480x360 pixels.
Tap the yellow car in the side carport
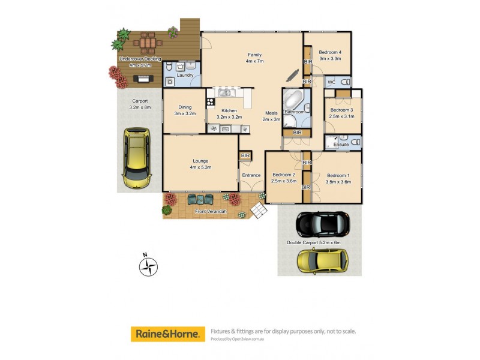pyautogui.click(x=136, y=157)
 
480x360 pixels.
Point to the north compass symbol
pyautogui.click(x=148, y=265)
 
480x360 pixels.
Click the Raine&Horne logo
pyautogui.click(x=166, y=334)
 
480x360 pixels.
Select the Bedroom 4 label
pyautogui.click(x=330, y=52)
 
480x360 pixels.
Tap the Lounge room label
pyautogui.click(x=200, y=161)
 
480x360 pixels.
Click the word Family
pyautogui.click(x=254, y=55)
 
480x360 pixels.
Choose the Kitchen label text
pyautogui.click(x=229, y=110)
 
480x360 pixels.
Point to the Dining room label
pyautogui.click(x=185, y=107)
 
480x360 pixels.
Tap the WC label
pyautogui.click(x=331, y=82)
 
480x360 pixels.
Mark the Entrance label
pyautogui.click(x=251, y=175)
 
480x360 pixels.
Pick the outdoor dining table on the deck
pyautogui.click(x=148, y=43)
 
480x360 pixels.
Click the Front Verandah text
pyautogui.click(x=210, y=211)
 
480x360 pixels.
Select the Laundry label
pyautogui.click(x=185, y=75)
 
